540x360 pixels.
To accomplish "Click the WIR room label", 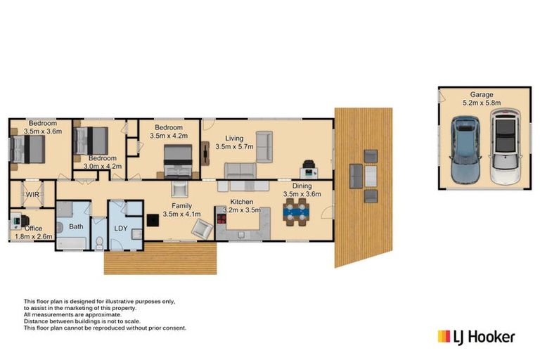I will [32, 193].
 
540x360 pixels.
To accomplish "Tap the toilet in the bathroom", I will [99, 243].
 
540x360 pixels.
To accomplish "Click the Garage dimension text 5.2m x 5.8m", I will [482, 103].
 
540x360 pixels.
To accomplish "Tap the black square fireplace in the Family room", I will [151, 219].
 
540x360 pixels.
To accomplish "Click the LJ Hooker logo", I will [476, 336].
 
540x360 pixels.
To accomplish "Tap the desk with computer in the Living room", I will [309, 170].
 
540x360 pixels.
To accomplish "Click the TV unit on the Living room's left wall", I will [205, 152].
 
